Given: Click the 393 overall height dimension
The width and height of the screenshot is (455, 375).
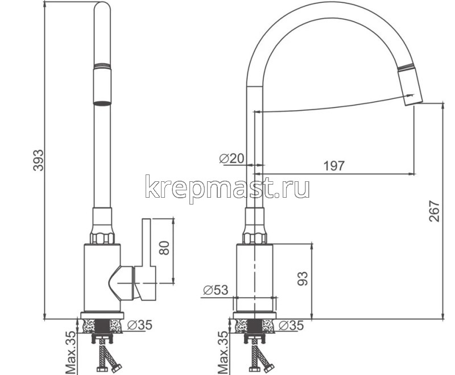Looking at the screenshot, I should [37, 160].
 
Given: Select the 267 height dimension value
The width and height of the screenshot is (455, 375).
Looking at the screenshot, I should [434, 211].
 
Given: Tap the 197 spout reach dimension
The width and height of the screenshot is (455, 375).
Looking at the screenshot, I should [334, 166].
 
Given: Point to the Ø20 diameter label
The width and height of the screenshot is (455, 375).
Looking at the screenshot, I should [231, 159].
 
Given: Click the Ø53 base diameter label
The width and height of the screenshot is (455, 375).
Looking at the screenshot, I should [215, 290].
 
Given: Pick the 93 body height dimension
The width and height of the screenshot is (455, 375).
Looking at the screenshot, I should [303, 278].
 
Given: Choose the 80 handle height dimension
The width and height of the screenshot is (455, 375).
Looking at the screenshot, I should [164, 248].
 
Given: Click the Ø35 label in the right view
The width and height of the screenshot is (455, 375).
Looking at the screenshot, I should [291, 325].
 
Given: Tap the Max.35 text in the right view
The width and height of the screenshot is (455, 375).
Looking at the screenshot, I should [224, 353].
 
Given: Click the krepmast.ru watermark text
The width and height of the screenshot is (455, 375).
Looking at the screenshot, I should [227, 188].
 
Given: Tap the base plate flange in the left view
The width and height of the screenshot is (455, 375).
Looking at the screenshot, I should [102, 315].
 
